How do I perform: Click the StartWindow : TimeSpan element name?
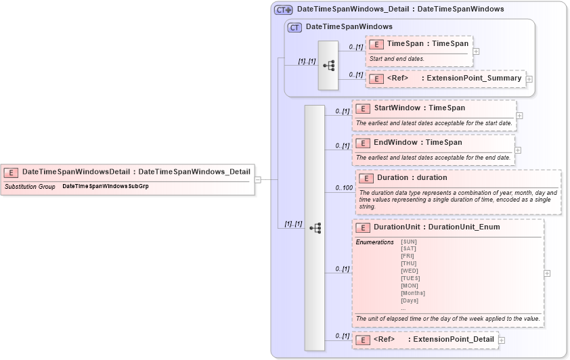(419, 108)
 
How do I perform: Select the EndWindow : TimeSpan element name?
(418, 142)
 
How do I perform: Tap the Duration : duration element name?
(412, 177)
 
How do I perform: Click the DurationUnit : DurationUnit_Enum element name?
(437, 227)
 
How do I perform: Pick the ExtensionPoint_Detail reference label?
(454, 339)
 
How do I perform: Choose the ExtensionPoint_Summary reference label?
(474, 78)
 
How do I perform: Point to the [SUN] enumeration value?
(409, 242)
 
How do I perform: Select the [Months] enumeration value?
(413, 293)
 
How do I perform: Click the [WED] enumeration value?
(410, 271)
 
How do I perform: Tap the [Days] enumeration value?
(410, 300)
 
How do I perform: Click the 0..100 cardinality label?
(344, 188)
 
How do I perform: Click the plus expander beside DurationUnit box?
(547, 273)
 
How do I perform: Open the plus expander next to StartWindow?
(519, 116)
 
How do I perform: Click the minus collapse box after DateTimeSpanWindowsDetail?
(257, 179)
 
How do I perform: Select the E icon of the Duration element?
(365, 178)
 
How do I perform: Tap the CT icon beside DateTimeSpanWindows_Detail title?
(283, 9)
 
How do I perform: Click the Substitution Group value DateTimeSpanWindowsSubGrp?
(105, 185)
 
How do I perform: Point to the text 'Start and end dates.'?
(397, 59)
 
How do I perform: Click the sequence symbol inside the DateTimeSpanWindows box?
(329, 66)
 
